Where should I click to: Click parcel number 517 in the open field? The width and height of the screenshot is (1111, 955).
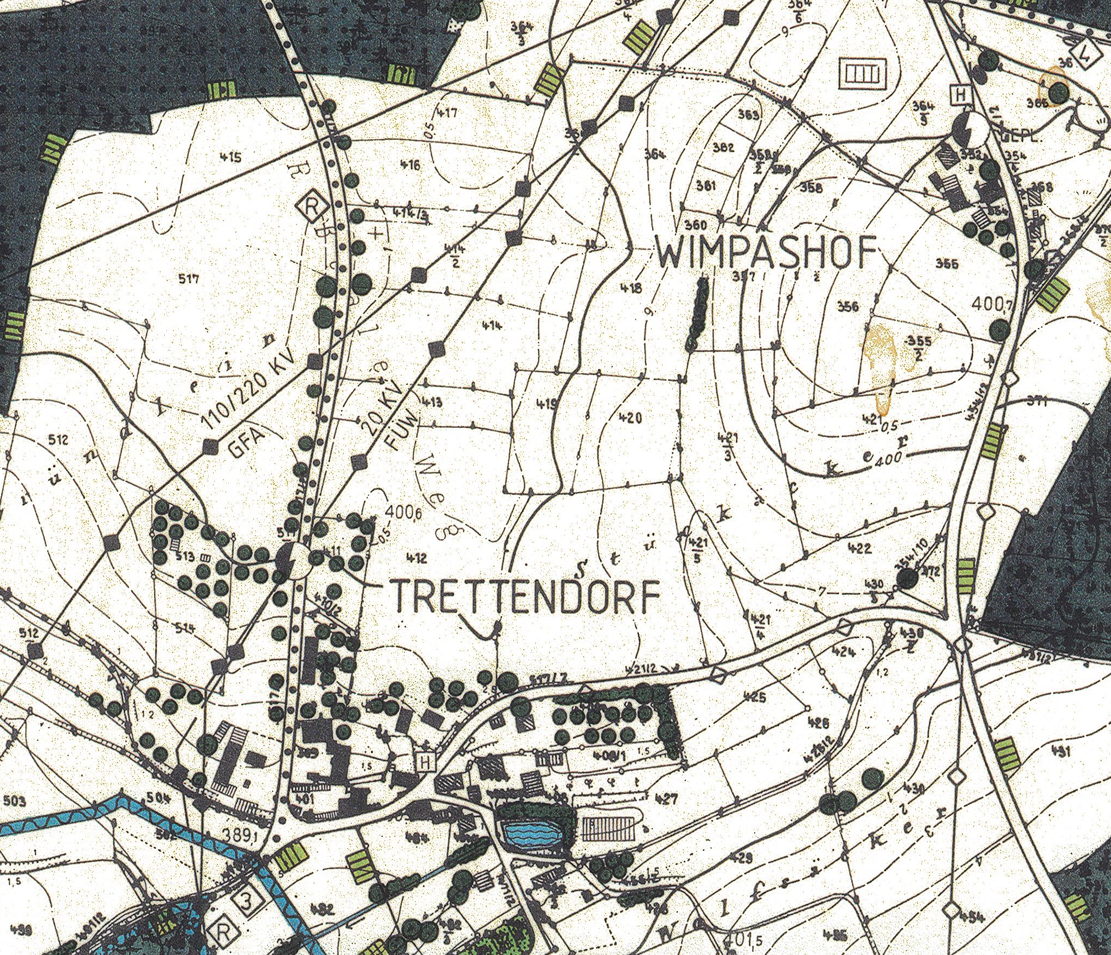click(189, 279)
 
